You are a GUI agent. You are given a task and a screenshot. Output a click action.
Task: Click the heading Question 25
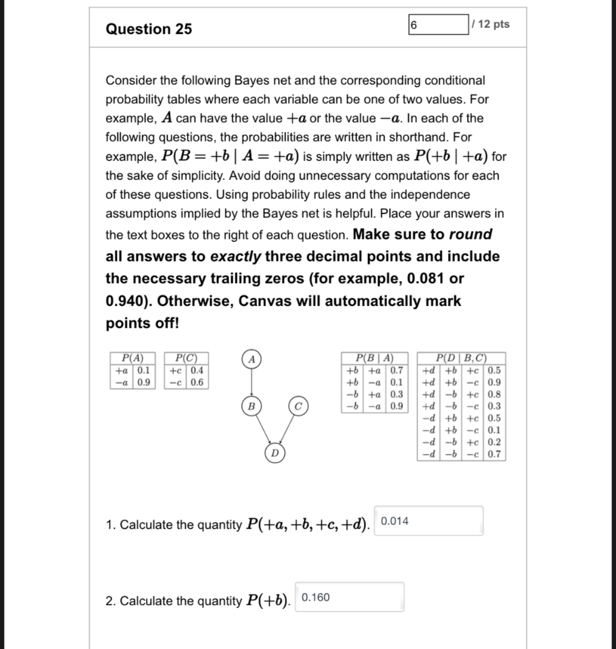[149, 29]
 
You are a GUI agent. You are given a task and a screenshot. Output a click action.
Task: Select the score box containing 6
[437, 25]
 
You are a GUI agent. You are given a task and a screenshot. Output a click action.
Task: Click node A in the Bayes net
[252, 359]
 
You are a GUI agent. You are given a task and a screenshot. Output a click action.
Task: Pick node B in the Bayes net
[251, 405]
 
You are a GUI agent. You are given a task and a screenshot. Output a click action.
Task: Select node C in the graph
[298, 405]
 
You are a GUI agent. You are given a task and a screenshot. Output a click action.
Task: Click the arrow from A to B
[252, 382]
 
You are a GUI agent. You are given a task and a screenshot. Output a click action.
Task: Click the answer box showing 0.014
[429, 521]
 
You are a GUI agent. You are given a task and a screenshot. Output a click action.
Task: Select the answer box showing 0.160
[350, 597]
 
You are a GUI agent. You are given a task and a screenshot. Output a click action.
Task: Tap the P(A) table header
[132, 357]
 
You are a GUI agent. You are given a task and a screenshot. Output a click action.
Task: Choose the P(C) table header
[186, 357]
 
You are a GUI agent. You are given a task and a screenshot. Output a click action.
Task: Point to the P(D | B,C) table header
[462, 357]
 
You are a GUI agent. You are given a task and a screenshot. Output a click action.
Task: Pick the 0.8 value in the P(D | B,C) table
[494, 394]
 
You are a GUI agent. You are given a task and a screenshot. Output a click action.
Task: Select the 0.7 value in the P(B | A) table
[396, 370]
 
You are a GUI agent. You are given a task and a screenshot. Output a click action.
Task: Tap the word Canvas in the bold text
[266, 301]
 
